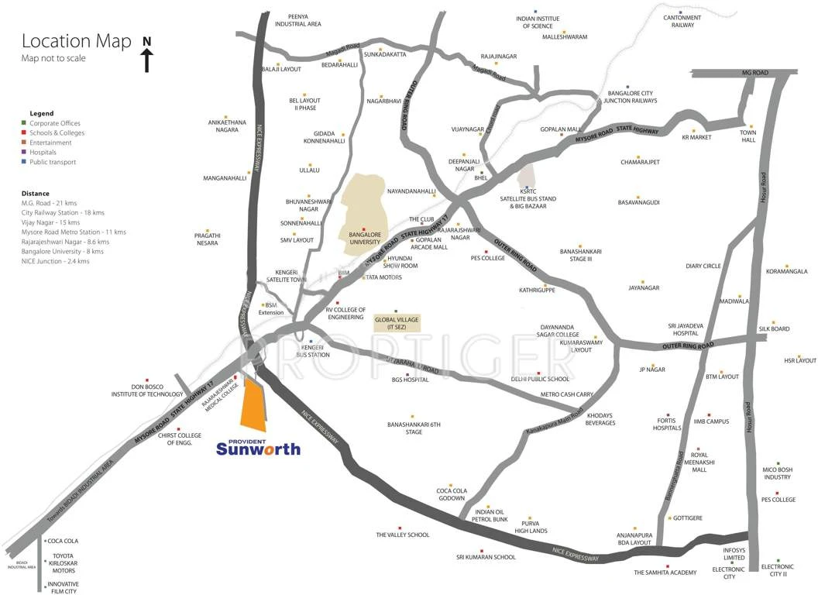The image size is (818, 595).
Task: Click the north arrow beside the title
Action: (147, 53)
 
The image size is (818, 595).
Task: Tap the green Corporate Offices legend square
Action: (24, 123)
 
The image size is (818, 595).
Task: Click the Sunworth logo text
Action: (258, 449)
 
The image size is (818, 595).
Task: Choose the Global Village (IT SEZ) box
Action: (396, 323)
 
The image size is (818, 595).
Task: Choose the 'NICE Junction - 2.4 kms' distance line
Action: (56, 261)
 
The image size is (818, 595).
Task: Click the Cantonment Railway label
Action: (682, 21)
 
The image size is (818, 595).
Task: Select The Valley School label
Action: (402, 535)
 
